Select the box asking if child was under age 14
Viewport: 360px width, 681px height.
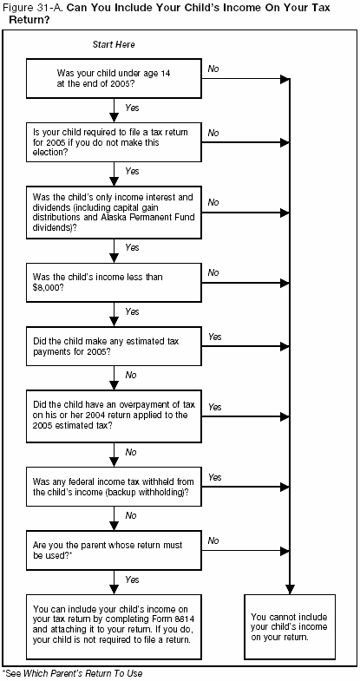(x=114, y=78)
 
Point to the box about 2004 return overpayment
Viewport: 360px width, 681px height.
(x=114, y=416)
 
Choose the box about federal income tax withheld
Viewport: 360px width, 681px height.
(x=114, y=486)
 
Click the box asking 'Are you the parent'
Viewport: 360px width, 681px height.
(x=114, y=550)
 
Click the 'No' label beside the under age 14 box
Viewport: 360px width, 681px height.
(x=213, y=67)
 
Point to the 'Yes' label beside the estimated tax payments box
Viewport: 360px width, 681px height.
(x=214, y=336)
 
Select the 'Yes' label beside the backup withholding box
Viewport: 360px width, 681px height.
(x=214, y=477)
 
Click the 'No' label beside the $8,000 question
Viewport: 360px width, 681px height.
(x=213, y=272)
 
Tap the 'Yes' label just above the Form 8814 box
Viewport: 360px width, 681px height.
(x=132, y=579)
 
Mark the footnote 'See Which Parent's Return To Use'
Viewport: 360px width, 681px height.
(x=73, y=673)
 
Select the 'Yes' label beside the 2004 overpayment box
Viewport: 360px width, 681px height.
(x=214, y=406)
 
